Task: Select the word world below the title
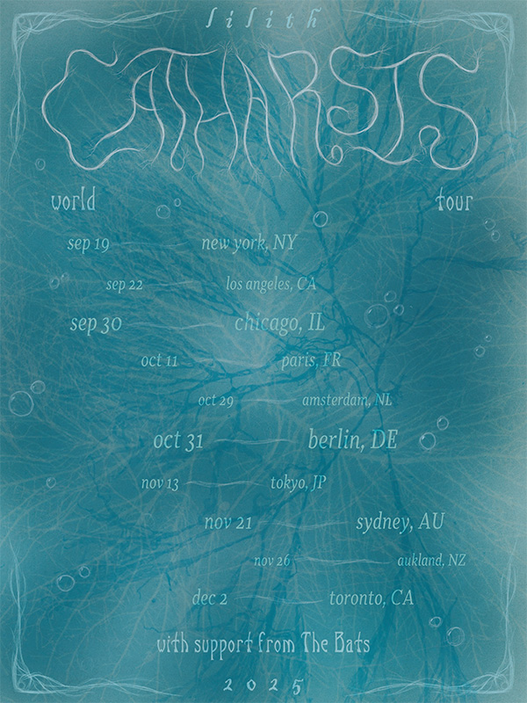click(x=73, y=200)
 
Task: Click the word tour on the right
click(x=453, y=201)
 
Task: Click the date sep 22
click(x=124, y=284)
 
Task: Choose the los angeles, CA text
click(x=270, y=284)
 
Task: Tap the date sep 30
click(x=95, y=324)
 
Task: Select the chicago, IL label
click(x=279, y=324)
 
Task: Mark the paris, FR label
click(x=312, y=360)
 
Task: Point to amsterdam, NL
click(x=347, y=401)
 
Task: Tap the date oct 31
click(x=178, y=442)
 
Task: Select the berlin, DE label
click(x=352, y=441)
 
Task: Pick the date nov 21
click(x=228, y=523)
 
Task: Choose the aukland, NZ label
click(x=430, y=560)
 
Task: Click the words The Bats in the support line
click(x=338, y=645)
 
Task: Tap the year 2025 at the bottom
click(x=263, y=684)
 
